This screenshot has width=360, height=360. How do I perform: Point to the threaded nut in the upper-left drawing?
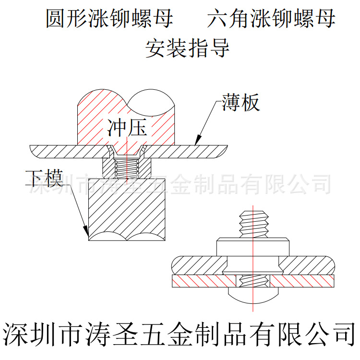click(x=127, y=167)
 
